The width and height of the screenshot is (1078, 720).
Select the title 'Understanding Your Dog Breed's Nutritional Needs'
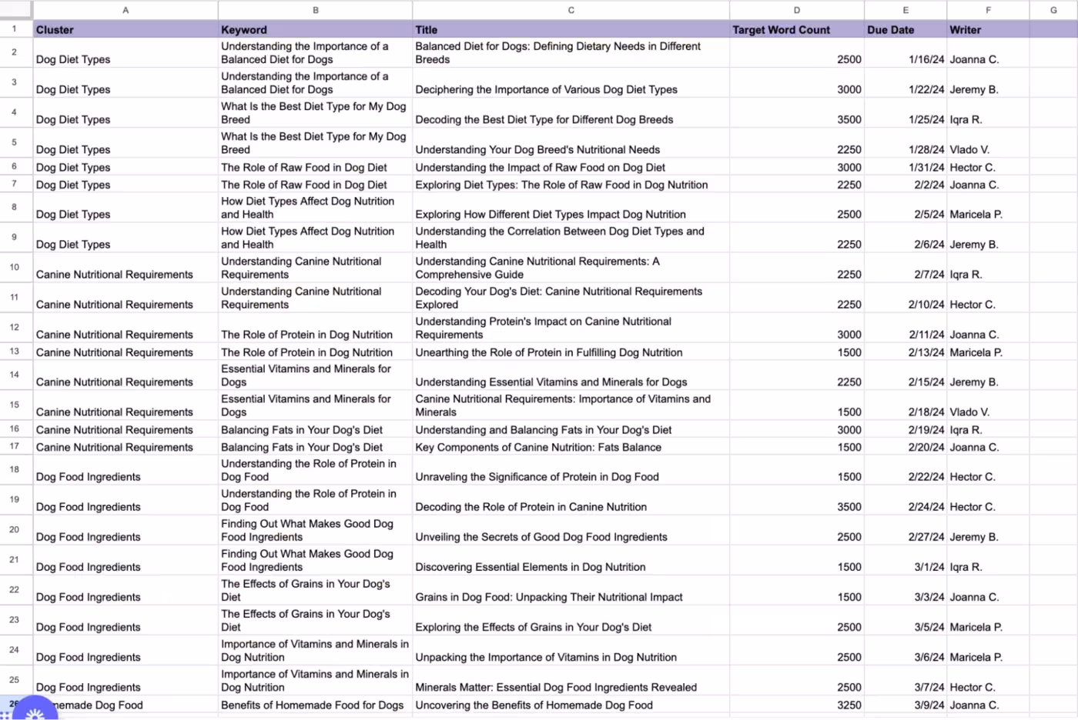pos(537,149)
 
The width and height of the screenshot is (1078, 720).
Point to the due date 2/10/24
pos(926,305)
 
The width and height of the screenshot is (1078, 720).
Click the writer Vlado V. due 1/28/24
pos(969,149)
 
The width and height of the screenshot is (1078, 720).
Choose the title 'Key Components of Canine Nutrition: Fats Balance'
pos(538,447)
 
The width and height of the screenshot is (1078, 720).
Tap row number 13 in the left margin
pos(15,352)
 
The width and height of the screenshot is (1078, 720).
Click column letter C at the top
pos(571,10)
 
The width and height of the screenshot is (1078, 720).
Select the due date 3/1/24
pos(929,567)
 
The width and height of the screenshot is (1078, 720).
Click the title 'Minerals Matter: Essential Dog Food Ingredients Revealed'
pos(556,687)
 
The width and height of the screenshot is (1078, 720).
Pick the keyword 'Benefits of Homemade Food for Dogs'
pos(312,705)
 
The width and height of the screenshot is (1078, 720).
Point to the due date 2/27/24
pos(926,537)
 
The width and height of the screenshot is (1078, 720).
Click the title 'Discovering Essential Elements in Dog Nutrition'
pos(531,567)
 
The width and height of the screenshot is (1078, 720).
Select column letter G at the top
pos(1053,10)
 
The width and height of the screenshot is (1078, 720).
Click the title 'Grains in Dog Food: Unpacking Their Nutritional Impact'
pos(549,597)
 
